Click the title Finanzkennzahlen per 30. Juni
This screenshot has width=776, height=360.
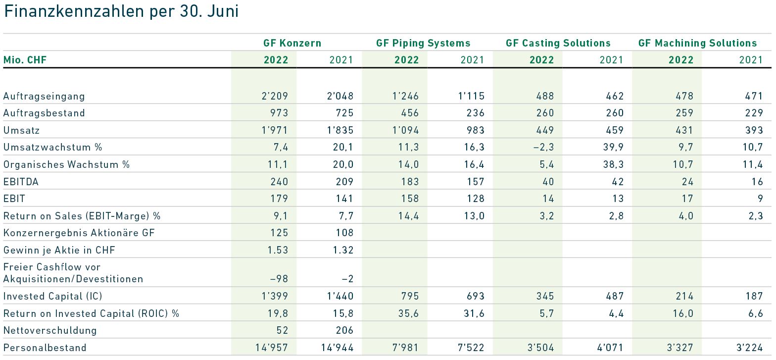click(121, 12)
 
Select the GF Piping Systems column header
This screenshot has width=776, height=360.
click(423, 43)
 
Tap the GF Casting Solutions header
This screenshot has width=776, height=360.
click(558, 43)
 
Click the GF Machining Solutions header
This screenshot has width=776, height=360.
click(697, 43)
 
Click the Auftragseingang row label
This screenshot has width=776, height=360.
click(44, 96)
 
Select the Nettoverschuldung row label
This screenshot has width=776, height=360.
click(50, 330)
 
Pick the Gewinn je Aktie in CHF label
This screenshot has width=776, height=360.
click(59, 251)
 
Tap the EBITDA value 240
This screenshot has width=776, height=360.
click(279, 182)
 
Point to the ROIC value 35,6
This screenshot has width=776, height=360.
click(409, 313)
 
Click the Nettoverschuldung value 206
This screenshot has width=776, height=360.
click(345, 330)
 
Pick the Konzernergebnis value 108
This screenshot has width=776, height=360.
click(345, 233)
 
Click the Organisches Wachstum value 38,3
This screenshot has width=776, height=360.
click(613, 164)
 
